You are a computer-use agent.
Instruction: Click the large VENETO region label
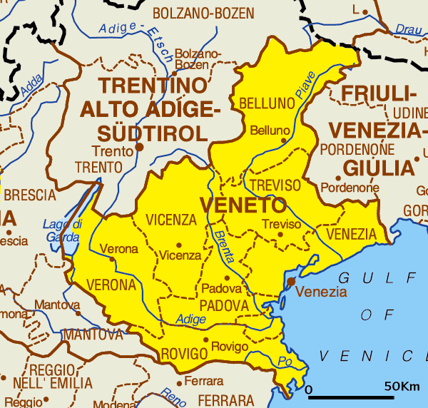coord(243,205)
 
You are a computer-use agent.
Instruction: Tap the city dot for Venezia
coord(291,282)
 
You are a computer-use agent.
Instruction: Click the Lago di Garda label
coord(63,230)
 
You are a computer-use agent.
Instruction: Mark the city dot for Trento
coord(140,147)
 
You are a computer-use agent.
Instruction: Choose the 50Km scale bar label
coord(402,386)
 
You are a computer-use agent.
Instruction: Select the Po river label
coord(285,360)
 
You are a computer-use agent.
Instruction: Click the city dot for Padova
coord(227,278)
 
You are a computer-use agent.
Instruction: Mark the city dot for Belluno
coord(283,141)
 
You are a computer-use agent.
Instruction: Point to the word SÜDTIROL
coord(153,133)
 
